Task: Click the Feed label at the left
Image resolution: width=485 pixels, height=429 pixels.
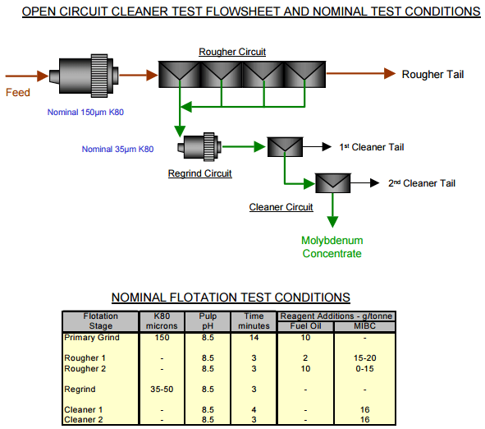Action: pyautogui.click(x=18, y=92)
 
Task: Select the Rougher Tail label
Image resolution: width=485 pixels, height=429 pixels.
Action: pyautogui.click(x=432, y=75)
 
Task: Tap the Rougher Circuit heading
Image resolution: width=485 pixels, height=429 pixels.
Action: pyautogui.click(x=232, y=52)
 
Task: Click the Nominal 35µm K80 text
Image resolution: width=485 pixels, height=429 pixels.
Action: pyautogui.click(x=117, y=149)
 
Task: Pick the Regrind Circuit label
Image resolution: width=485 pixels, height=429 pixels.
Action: pyautogui.click(x=199, y=173)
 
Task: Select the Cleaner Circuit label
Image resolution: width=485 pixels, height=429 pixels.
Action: pyautogui.click(x=281, y=207)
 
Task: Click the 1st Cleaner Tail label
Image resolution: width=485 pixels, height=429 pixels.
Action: pyautogui.click(x=371, y=147)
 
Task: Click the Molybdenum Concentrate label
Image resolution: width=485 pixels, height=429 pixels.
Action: pyautogui.click(x=332, y=247)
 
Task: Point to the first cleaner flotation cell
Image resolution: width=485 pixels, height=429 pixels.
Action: pyautogui.click(x=284, y=147)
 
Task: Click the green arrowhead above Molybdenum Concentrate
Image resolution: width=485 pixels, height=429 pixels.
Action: pyautogui.click(x=332, y=221)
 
